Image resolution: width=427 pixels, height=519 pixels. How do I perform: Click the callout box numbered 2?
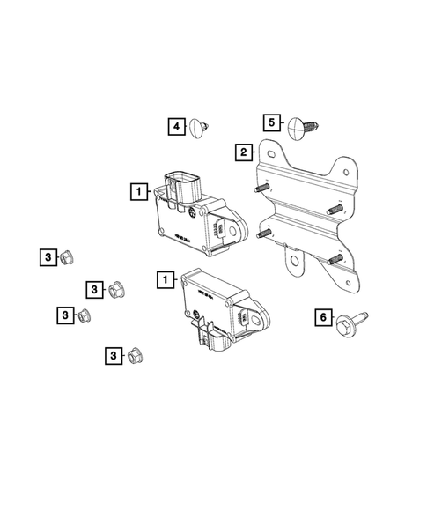click(x=240, y=152)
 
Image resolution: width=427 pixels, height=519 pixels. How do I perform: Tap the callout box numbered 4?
click(x=176, y=127)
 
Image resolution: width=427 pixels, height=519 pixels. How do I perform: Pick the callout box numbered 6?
click(x=323, y=317)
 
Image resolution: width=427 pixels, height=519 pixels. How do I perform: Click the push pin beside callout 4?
click(x=200, y=127)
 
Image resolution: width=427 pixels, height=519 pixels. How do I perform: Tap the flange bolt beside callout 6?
click(x=349, y=322)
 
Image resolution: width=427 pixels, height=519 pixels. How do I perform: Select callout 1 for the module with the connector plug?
click(x=137, y=189)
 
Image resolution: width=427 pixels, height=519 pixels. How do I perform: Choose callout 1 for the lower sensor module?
click(x=164, y=280)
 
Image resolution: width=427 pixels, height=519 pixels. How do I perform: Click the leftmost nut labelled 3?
click(x=66, y=257)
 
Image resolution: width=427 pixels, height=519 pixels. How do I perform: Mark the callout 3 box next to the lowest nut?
click(x=111, y=355)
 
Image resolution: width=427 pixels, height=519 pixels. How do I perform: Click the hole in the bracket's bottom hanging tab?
click(x=290, y=261)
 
